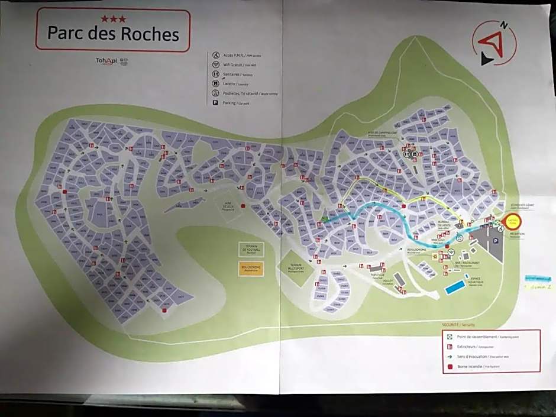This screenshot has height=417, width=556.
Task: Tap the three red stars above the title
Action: tap(113, 19)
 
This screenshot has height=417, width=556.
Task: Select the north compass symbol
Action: tap(494, 43)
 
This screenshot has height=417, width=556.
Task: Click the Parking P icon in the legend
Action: tap(216, 102)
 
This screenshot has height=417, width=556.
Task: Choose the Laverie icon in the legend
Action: tap(216, 83)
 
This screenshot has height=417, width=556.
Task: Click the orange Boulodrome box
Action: tap(250, 269)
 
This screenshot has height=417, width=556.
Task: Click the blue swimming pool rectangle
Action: tap(454, 288)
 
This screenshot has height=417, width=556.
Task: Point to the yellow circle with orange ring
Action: tap(511, 222)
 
